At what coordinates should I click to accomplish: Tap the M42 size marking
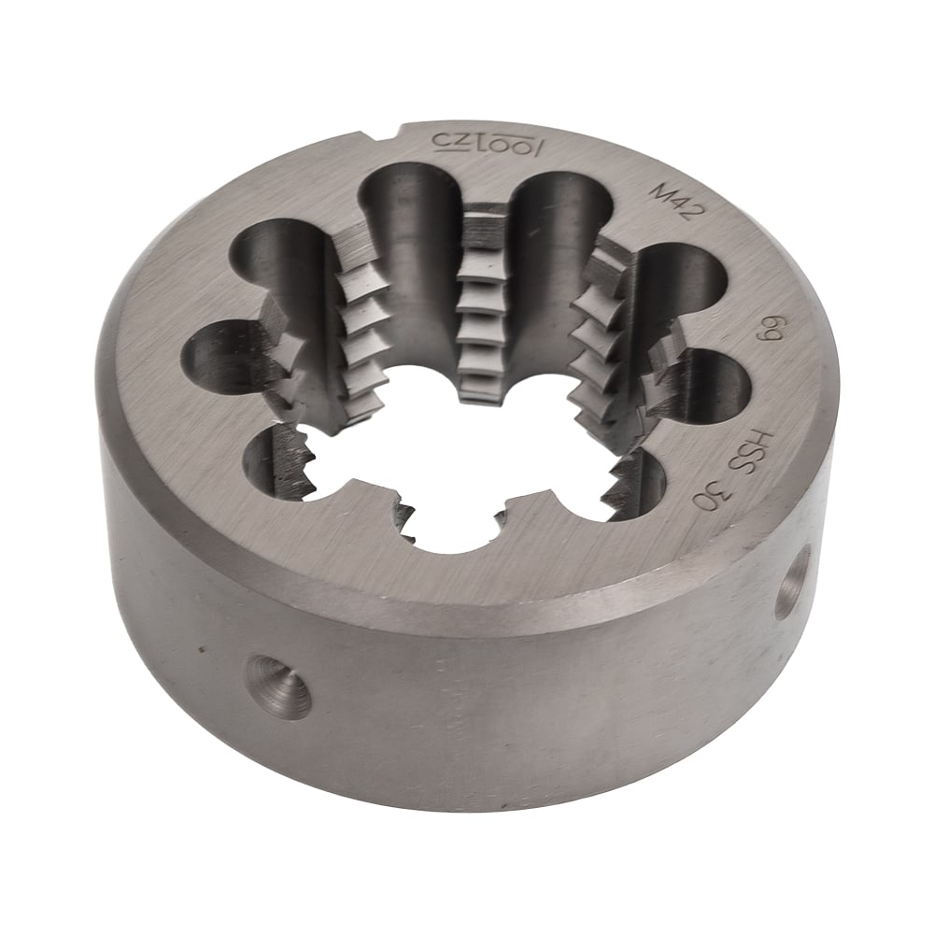point(674,203)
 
